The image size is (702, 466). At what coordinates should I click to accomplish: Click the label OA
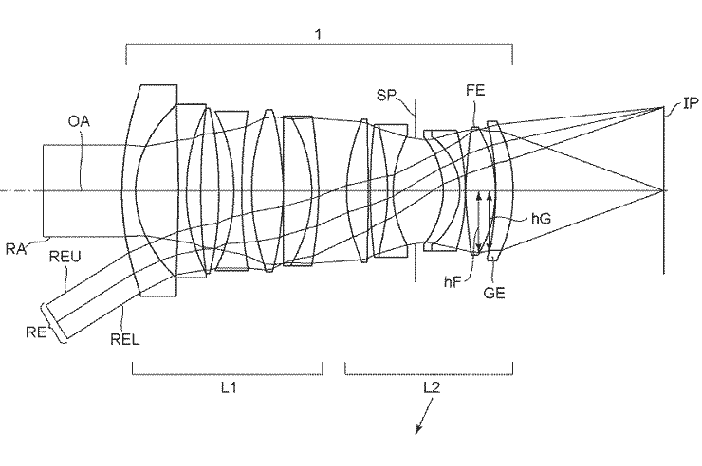(79, 121)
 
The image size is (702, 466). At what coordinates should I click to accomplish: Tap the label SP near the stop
(386, 95)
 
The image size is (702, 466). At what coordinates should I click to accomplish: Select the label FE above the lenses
(475, 91)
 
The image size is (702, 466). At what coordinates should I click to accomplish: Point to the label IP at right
(691, 103)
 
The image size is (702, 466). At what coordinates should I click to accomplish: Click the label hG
(541, 219)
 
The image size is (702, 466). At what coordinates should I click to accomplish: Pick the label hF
(453, 282)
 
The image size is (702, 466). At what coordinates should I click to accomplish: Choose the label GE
(494, 293)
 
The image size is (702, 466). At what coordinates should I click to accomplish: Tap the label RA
(16, 249)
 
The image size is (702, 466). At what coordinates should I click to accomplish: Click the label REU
(65, 257)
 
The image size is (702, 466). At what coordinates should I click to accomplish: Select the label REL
(125, 339)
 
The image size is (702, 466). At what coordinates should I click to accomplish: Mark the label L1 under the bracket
(229, 387)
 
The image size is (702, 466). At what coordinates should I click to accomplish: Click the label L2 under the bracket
(432, 387)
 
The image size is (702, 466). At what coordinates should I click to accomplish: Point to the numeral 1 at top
(319, 34)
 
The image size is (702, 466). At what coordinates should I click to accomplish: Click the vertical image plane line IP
(663, 189)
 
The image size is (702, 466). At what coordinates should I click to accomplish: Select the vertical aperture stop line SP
(416, 190)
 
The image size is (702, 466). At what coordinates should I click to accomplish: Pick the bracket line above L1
(228, 374)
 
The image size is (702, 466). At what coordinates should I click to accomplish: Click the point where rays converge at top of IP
(663, 107)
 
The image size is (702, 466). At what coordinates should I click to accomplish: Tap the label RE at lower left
(36, 332)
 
